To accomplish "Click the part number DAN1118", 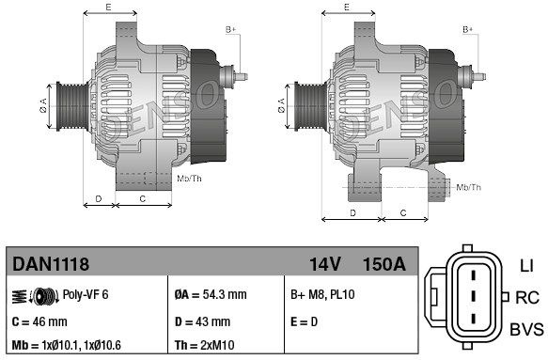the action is [51, 264].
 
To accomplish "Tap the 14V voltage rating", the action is [325, 264].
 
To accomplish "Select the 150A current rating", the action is [384, 264].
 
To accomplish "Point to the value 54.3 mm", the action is [225, 294].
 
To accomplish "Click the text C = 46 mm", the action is [39, 321].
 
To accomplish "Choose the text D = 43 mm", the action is [202, 321].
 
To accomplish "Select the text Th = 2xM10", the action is [205, 345].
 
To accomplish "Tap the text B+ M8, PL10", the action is [322, 294].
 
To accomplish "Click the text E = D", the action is [304, 321].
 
